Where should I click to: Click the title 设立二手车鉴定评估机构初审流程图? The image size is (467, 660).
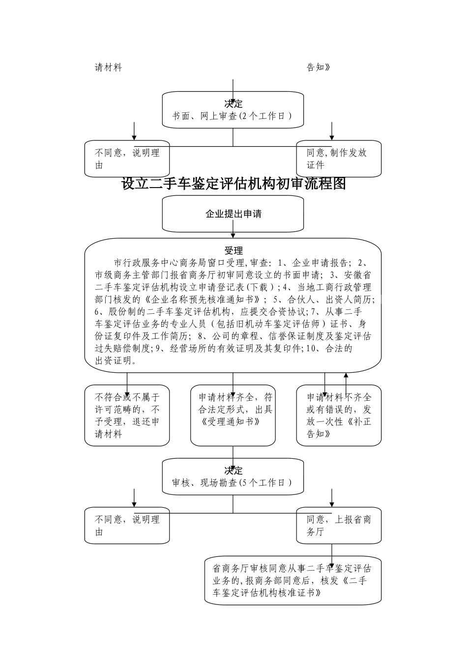(233, 184)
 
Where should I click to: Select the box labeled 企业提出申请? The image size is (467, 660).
(233, 214)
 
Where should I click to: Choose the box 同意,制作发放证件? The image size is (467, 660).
(338, 159)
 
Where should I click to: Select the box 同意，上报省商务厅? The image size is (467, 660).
(338, 525)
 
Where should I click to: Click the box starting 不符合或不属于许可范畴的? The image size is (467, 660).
(127, 415)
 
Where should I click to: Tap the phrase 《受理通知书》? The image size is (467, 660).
(230, 422)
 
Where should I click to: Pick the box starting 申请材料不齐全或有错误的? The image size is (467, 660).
(339, 415)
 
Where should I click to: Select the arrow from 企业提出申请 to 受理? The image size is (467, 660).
(233, 235)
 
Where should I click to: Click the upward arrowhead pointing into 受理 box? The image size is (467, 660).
(346, 376)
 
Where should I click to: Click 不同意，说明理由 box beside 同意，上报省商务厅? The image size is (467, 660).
(127, 525)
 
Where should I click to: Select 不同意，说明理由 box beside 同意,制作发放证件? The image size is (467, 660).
(127, 159)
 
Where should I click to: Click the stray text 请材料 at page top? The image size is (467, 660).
(108, 68)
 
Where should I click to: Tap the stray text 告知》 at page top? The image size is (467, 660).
(318, 68)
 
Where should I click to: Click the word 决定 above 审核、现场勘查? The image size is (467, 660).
(233, 470)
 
